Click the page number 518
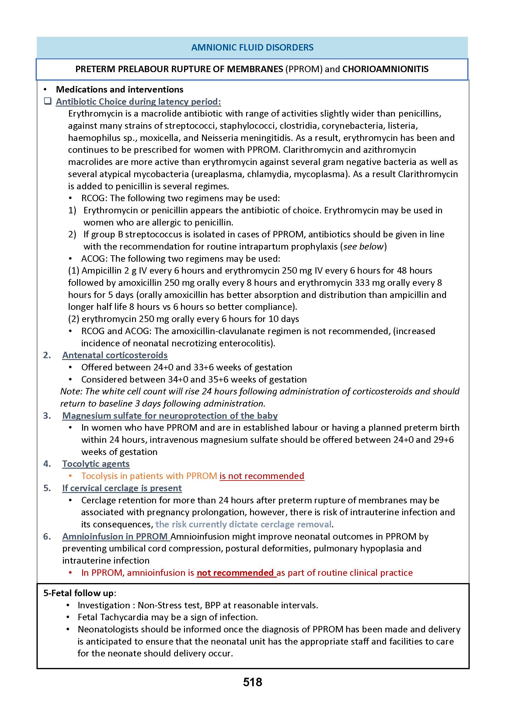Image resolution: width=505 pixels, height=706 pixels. click(252, 682)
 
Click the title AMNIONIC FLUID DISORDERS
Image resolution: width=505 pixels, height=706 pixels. click(252, 47)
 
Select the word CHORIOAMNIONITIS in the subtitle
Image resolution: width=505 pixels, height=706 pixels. click(385, 69)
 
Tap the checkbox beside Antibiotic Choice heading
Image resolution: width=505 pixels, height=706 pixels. click(47, 101)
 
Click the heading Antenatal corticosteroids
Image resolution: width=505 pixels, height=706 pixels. click(115, 355)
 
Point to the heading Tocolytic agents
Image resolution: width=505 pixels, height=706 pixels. click(96, 464)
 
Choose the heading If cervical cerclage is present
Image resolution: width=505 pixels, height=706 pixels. click(122, 488)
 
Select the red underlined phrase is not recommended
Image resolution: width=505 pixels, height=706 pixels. click(262, 476)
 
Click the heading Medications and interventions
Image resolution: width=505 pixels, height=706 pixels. click(120, 89)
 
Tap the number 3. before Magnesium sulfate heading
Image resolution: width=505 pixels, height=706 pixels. click(47, 415)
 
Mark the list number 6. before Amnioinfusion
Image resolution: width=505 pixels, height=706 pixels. click(47, 536)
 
